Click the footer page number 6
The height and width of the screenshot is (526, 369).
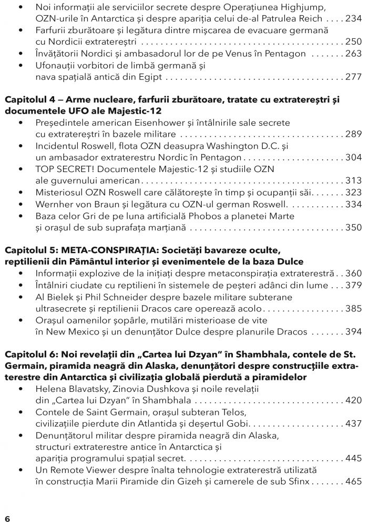pyautogui.click(x=8, y=518)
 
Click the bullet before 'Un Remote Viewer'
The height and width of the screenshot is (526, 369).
pyautogui.click(x=20, y=470)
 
